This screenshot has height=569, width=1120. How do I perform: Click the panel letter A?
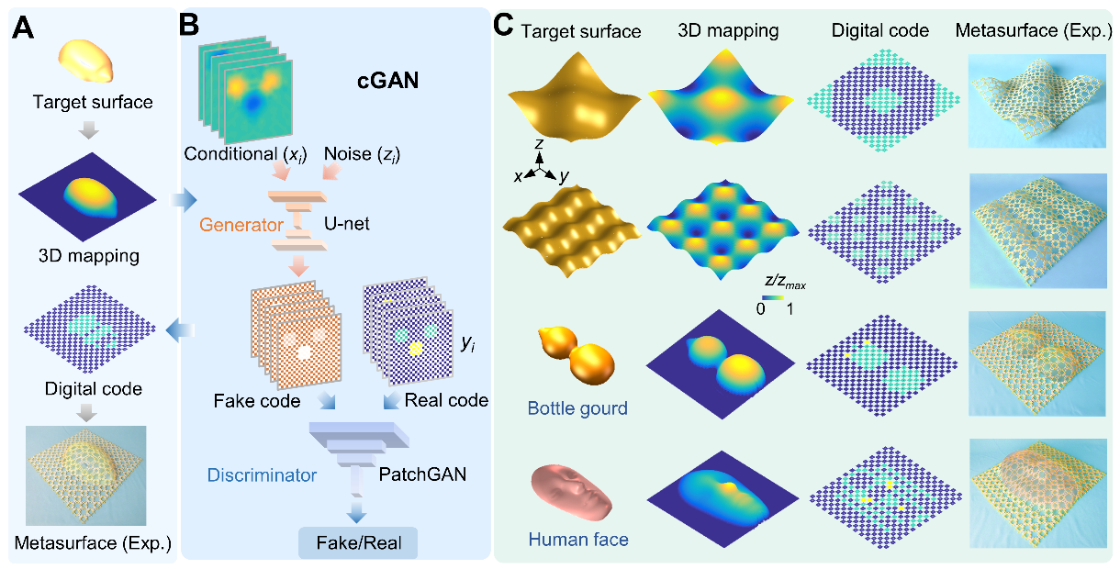pos(23,28)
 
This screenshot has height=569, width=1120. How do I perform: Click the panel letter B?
pos(188,25)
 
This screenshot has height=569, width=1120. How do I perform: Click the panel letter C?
pos(503,25)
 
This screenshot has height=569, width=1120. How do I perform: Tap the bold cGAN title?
pos(387,81)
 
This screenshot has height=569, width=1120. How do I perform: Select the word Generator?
pos(241,225)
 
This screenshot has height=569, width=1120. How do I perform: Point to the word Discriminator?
pos(262,475)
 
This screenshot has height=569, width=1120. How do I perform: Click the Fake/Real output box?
pos(359,543)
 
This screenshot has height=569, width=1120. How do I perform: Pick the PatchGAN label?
pos(422,474)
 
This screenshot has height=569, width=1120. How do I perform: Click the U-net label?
pos(346,224)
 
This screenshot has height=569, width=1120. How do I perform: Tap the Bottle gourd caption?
pos(577,408)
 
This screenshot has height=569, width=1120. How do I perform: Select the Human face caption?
pos(578,540)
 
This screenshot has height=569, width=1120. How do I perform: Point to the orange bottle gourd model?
pos(577,354)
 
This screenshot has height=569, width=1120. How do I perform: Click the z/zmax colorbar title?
pos(785,283)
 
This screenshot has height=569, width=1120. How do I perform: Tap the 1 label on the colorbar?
pos(790,309)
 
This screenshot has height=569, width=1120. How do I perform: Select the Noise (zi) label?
pos(362,154)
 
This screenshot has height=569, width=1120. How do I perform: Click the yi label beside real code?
pos(467,343)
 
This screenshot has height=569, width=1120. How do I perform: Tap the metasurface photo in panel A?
pos(86,475)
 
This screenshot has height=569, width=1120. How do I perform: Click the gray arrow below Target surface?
pos(89,129)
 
